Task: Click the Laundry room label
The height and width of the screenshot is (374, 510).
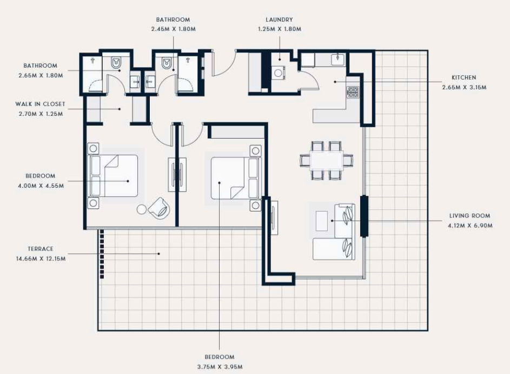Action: (x=279, y=19)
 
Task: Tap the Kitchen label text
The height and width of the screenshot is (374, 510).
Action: (x=464, y=77)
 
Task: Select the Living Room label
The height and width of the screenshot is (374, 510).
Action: (x=469, y=215)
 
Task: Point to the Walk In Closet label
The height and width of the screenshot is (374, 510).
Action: (x=41, y=104)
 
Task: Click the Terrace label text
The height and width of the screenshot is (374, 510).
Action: (x=41, y=248)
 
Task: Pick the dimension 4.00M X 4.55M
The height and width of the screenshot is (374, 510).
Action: (x=41, y=186)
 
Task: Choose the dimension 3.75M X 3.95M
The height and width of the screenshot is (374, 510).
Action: (x=220, y=367)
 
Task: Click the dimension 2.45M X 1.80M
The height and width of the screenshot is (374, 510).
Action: (x=174, y=29)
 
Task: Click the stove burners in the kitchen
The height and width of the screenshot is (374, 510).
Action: (x=353, y=92)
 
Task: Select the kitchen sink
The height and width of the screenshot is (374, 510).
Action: (x=338, y=60)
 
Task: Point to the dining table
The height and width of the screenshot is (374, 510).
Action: (x=327, y=160)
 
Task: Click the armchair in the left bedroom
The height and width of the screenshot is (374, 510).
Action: (x=159, y=208)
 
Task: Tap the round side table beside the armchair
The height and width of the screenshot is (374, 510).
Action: (x=142, y=209)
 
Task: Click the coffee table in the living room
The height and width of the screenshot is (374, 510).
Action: (x=322, y=221)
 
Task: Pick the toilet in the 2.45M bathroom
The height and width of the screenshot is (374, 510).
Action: (x=167, y=62)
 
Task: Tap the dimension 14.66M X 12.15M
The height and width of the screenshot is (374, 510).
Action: (x=41, y=259)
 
